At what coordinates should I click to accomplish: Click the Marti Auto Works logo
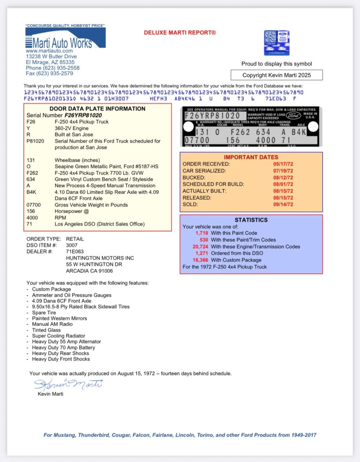pos(65,39)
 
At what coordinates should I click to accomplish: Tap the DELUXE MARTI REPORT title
pos(180,33)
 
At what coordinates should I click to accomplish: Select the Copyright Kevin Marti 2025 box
pos(277,75)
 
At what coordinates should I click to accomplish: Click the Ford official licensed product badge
pos(277,43)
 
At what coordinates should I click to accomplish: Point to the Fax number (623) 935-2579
pos(49,73)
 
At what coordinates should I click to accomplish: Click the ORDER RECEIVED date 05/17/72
pos(283,164)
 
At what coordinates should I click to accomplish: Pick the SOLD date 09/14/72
pos(283,204)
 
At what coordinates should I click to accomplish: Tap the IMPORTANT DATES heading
pos(251,157)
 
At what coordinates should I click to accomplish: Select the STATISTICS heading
pos(251,220)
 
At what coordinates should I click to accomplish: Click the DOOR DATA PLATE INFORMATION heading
pos(97,109)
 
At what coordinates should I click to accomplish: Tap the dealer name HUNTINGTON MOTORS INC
pos(100,258)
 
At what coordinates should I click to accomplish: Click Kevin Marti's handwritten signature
pos(68,384)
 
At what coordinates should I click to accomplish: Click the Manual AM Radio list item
pos(52,324)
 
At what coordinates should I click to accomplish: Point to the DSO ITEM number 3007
pos(72,246)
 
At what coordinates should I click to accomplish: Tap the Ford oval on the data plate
pos(294,115)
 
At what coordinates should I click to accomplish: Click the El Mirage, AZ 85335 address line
pos(50,62)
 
